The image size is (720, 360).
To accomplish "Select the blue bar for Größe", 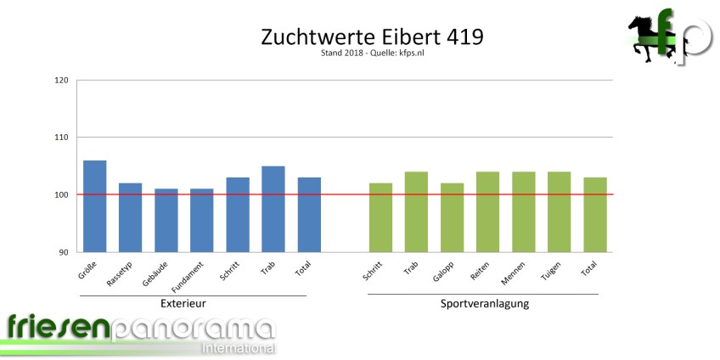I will [x=94, y=206].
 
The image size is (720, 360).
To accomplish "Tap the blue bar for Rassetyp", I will [x=130, y=217].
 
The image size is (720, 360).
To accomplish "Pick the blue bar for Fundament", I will [x=201, y=221].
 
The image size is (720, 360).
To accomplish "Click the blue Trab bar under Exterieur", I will [x=273, y=209].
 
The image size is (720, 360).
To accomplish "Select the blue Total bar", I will [x=308, y=215].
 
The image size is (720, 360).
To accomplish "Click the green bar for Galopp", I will [x=452, y=217].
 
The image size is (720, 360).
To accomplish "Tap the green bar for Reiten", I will [x=487, y=212].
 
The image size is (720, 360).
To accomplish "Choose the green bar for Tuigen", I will [x=559, y=212].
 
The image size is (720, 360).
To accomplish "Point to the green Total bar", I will [x=594, y=215].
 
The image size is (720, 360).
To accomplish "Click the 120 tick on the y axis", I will [x=60, y=81].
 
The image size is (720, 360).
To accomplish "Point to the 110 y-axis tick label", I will [x=60, y=138].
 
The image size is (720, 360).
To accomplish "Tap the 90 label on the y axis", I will [x=63, y=252].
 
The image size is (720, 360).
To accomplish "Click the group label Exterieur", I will [x=183, y=303].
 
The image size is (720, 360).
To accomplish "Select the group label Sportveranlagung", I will [x=485, y=303].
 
